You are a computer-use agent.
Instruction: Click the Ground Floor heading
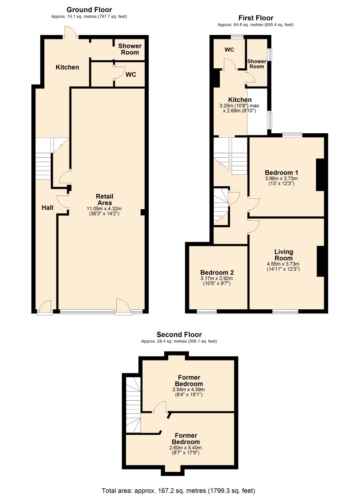tap(89, 10)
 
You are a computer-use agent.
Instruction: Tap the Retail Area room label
tap(104, 200)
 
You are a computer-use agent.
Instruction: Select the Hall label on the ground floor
tap(48, 208)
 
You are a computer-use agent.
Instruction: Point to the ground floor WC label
tap(131, 75)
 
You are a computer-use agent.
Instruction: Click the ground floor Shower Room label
tap(130, 49)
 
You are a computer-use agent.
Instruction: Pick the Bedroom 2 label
tap(217, 272)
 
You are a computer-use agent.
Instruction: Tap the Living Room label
tap(284, 255)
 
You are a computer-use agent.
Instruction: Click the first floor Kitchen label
tap(240, 100)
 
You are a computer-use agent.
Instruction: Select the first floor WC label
tap(229, 50)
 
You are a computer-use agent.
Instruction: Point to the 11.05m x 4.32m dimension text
tap(104, 208)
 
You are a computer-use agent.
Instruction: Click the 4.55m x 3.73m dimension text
tap(283, 264)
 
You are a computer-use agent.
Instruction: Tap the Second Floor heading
tap(179, 334)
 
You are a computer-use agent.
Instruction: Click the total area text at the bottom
tap(178, 489)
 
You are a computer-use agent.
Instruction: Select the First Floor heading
tap(256, 18)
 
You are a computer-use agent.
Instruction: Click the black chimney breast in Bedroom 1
tap(320, 175)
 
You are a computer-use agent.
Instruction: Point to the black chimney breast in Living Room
tap(321, 261)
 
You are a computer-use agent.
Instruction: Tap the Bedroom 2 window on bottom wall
tap(207, 312)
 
